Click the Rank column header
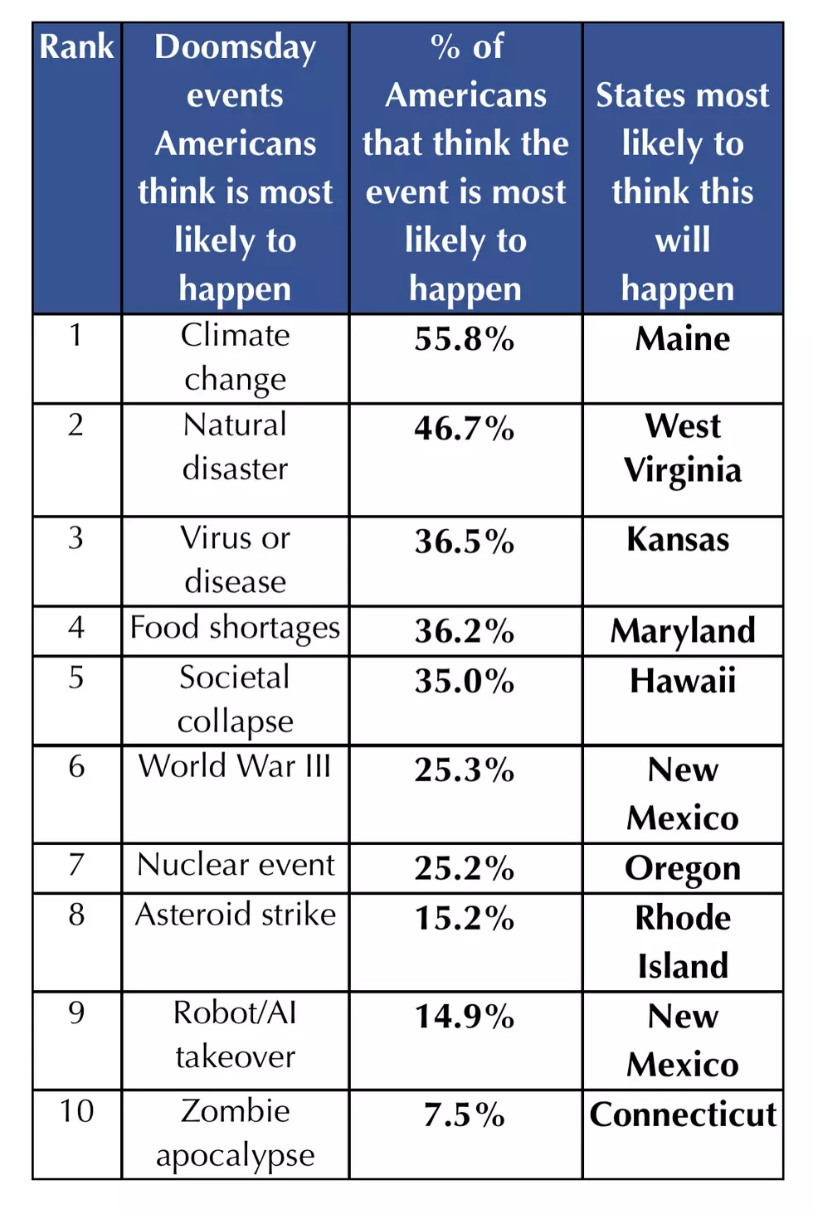point(76,46)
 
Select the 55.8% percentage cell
point(465,339)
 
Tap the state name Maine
point(683,339)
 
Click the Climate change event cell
point(235,357)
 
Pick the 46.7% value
point(465,429)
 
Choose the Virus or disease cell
point(235,560)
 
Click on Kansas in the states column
point(678,540)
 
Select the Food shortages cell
point(235,629)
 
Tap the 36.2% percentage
point(465,631)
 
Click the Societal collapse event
point(235,700)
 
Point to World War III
point(235,765)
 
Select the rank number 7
point(76,864)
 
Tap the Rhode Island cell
point(683,942)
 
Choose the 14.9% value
point(465,1016)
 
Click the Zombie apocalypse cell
point(235,1134)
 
